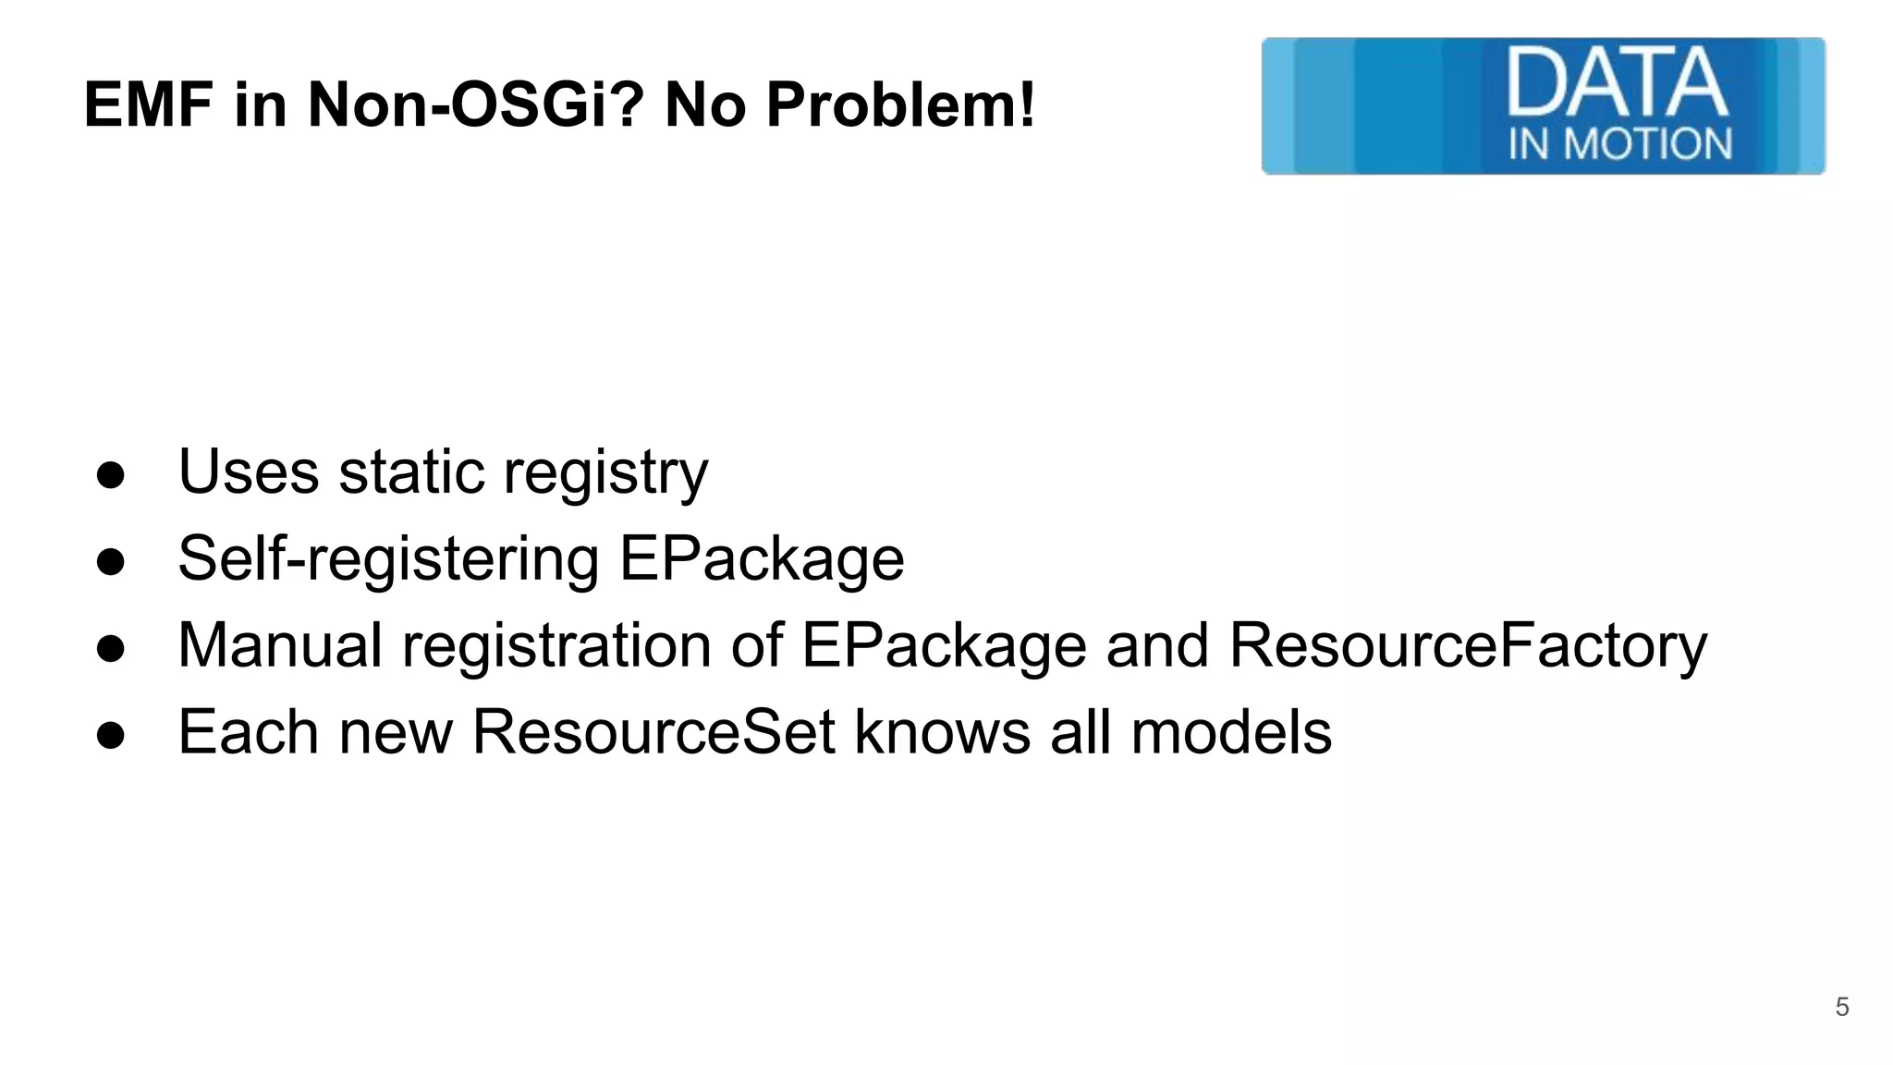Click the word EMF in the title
click(148, 104)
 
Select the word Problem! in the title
click(899, 104)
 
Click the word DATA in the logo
click(1617, 84)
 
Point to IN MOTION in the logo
click(1619, 144)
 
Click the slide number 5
click(1841, 1007)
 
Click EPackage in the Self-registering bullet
click(761, 560)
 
